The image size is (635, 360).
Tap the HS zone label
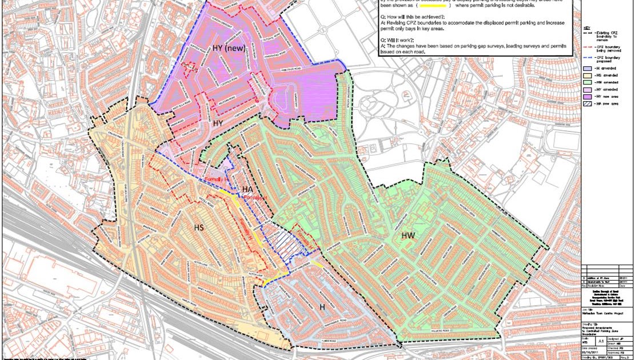[x=199, y=228]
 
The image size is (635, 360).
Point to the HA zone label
[x=247, y=190]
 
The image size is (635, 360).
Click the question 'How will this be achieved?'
[x=412, y=17]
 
